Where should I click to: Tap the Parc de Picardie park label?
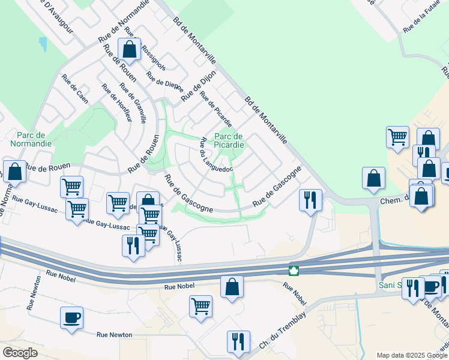[x=229, y=140]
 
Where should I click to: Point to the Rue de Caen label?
[x=74, y=89]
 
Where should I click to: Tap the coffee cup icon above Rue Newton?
[x=71, y=317]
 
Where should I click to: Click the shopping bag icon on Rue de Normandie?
[x=129, y=49]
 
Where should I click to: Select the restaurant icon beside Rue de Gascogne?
[x=310, y=199]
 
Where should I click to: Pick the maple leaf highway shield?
[x=294, y=271]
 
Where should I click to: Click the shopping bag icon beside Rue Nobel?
[x=232, y=287]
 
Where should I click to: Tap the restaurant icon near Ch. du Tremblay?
[x=238, y=341]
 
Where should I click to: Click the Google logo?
[x=20, y=353]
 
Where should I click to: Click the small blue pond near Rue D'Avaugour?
[x=43, y=44]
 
